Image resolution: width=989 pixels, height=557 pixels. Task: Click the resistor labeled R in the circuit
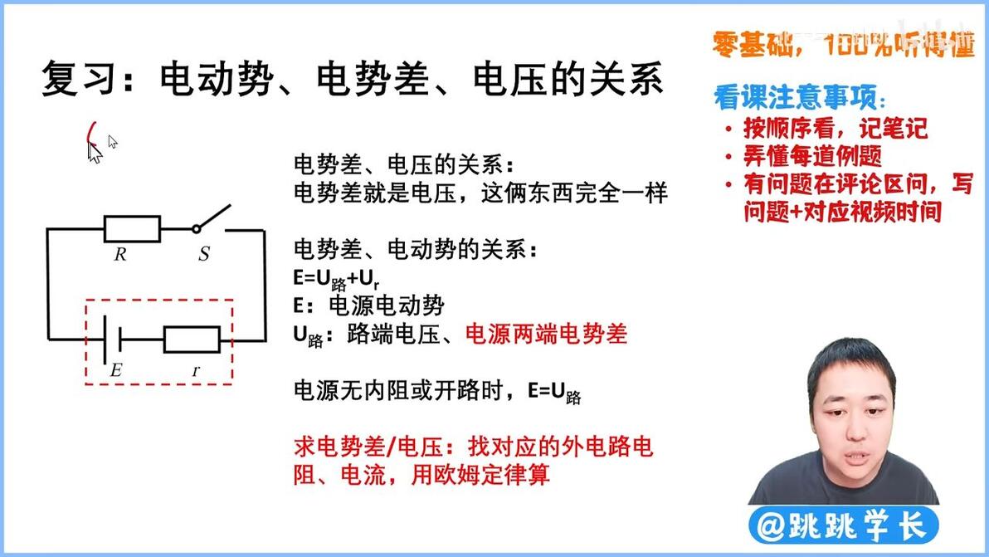[x=132, y=229]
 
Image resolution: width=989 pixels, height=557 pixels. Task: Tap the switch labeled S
[x=212, y=218]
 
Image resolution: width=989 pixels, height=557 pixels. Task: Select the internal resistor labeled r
[x=192, y=340]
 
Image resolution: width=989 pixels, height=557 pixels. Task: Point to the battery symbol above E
[x=112, y=340]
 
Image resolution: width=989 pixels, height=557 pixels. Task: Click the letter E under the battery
[x=116, y=369]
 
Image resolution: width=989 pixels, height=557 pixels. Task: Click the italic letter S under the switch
[x=204, y=254]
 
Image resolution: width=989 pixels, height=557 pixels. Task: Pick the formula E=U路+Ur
[x=336, y=279]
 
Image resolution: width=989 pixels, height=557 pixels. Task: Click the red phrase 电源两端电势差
[x=546, y=334]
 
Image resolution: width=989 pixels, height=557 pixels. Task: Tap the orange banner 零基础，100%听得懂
[x=843, y=44]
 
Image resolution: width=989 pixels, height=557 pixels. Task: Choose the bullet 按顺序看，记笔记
[x=836, y=128]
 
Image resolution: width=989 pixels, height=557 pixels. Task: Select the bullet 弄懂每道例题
[x=812, y=156]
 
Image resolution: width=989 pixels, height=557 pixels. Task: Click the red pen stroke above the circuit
[x=90, y=134]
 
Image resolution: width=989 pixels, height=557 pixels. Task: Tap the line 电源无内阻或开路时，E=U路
[x=437, y=392]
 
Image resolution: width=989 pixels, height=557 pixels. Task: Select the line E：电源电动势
[x=369, y=306]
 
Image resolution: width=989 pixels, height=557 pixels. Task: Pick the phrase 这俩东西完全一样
[x=574, y=193]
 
